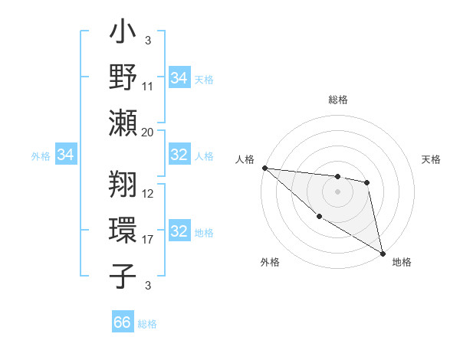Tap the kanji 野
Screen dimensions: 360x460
(123, 77)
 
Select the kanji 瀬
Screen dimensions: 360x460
(123, 123)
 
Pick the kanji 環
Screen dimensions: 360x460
(123, 230)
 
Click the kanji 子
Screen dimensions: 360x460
(123, 275)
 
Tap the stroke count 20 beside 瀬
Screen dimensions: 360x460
(148, 132)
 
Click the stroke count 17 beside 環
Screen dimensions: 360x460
(148, 240)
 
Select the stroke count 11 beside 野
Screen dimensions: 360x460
(148, 87)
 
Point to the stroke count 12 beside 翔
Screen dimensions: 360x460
(148, 194)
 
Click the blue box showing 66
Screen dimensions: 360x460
(123, 322)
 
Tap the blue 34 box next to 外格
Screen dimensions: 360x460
(65, 155)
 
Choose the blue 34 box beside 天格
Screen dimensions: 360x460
(179, 77)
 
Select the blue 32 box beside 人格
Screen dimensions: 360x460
(179, 155)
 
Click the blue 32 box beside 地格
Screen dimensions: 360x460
(179, 231)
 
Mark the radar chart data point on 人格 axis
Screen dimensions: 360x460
(264, 168)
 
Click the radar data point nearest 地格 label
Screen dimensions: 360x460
(383, 253)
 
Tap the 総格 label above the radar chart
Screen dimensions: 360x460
(338, 100)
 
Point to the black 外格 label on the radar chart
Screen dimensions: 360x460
(270, 263)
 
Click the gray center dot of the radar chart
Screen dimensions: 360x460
(337, 191)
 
